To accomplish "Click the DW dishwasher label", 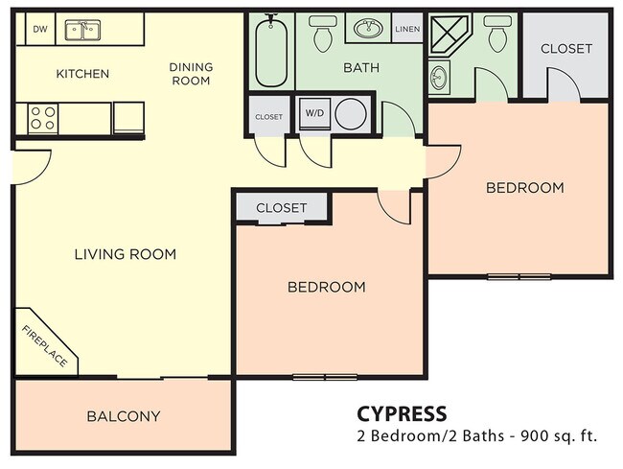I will tap(39, 29).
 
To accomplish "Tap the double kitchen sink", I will tap(84, 31).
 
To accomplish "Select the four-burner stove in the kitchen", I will tap(42, 118).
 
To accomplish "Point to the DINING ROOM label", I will tap(190, 74).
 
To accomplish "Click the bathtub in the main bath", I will tap(271, 53).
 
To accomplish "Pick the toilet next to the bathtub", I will tap(322, 34).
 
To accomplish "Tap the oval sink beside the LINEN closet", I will tap(368, 29).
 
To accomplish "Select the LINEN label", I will tap(407, 29).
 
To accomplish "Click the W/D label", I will tap(313, 112).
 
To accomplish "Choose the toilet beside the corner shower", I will tap(496, 34).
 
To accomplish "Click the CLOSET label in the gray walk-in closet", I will tap(565, 49).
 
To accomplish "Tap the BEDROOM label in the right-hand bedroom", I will tap(524, 188).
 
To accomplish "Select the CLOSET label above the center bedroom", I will tap(281, 208).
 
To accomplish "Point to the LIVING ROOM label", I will tap(126, 254).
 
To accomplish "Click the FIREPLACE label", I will tap(45, 346).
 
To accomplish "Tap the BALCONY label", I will tap(124, 416).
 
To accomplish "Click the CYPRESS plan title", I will tap(401, 414).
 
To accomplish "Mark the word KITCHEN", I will tap(82, 74).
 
